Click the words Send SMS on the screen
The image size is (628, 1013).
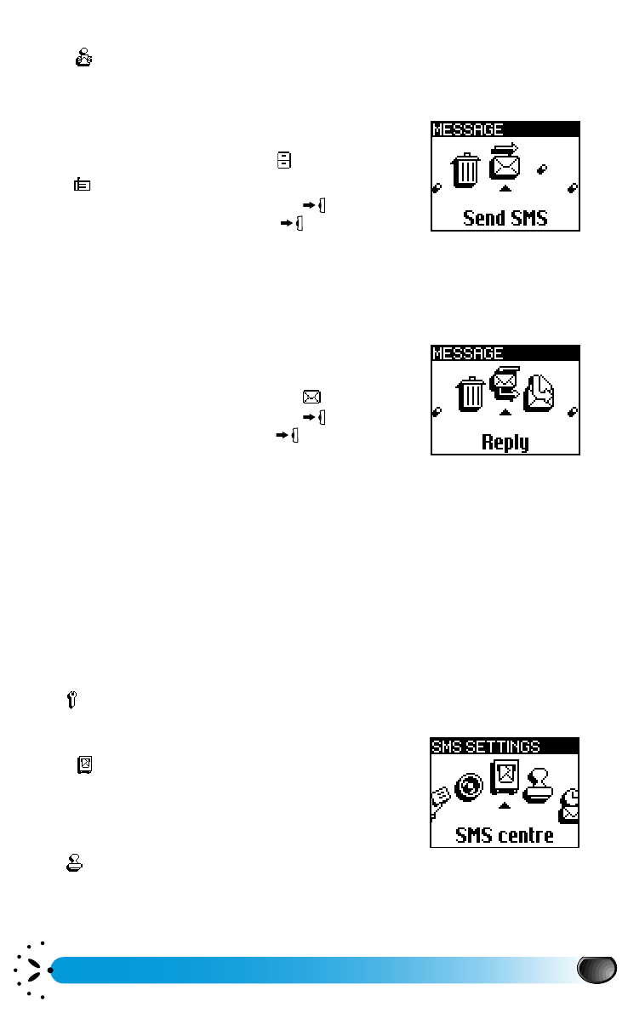click(505, 218)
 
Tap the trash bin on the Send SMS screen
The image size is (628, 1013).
click(465, 169)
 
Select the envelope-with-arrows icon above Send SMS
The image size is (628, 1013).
click(505, 159)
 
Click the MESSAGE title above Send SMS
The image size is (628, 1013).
click(468, 130)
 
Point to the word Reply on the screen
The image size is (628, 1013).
click(505, 442)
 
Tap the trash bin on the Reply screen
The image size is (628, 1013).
click(471, 393)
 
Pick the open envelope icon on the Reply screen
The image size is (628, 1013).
click(540, 393)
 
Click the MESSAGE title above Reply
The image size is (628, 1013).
click(468, 353)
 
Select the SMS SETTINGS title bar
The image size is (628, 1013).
click(486, 747)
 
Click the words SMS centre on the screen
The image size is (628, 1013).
click(505, 834)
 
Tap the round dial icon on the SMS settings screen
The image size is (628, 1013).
click(468, 786)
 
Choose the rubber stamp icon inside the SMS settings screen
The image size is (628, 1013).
click(538, 785)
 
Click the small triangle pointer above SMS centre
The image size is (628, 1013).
click(505, 805)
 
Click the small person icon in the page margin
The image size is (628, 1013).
click(84, 58)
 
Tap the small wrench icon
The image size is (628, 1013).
click(70, 700)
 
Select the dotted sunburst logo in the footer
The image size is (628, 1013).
click(32, 970)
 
